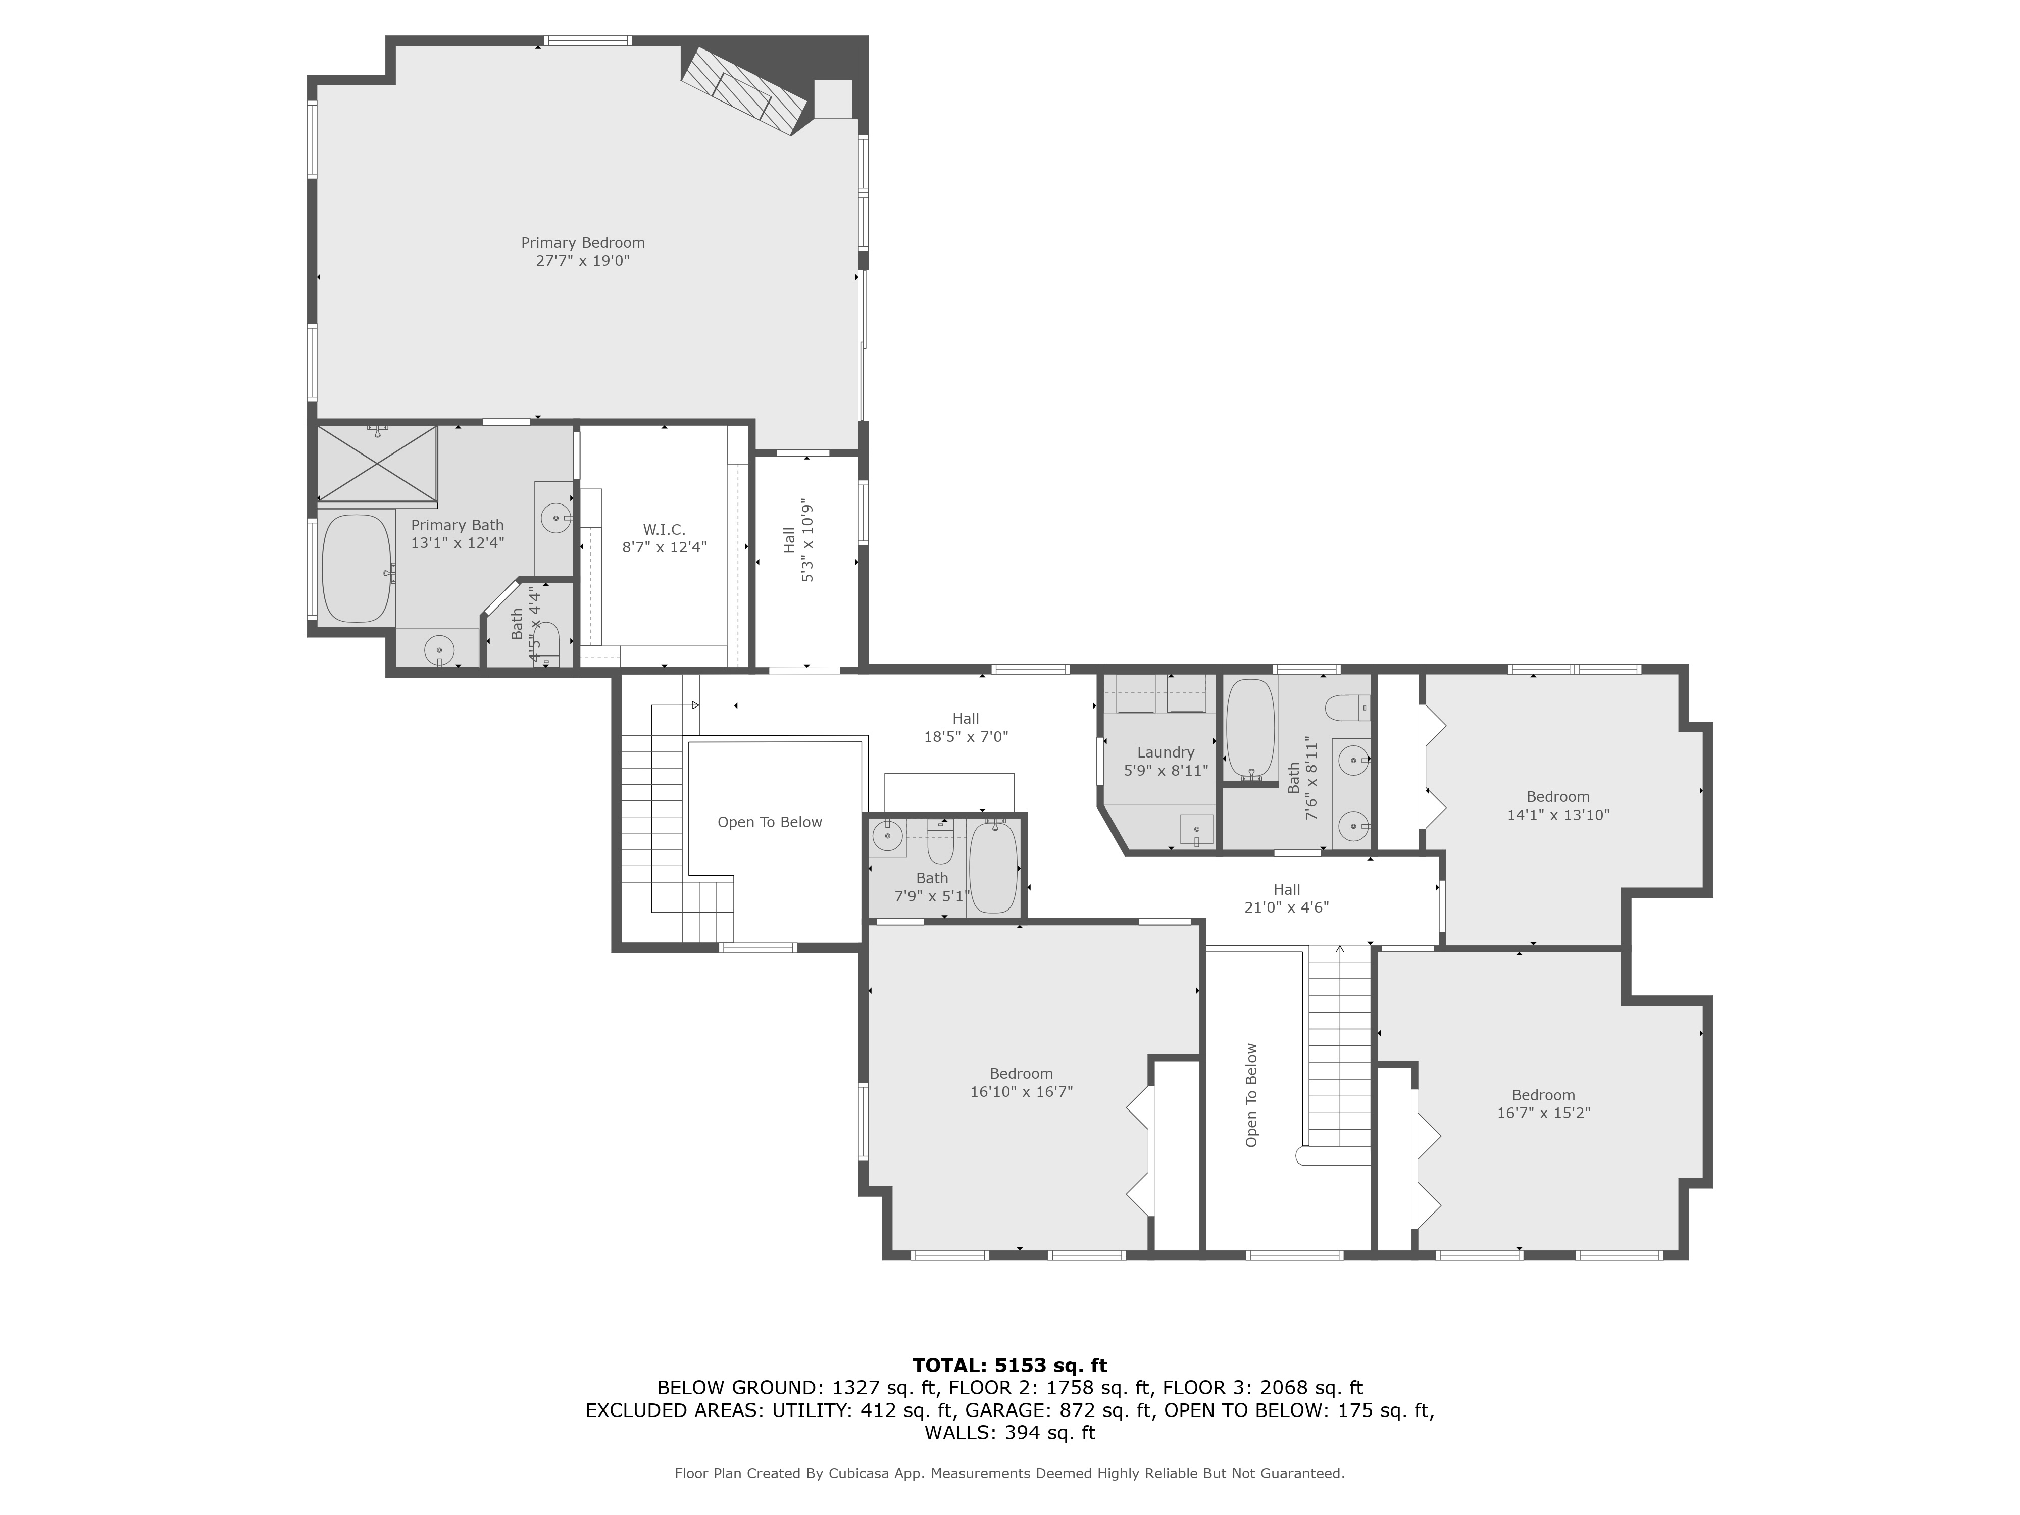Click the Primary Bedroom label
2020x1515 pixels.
583,243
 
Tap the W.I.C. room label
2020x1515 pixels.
664,530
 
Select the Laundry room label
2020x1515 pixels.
1165,752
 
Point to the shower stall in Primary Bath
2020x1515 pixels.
377,464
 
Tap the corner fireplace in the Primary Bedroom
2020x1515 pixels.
744,91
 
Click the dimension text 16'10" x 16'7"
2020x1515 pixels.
1021,1091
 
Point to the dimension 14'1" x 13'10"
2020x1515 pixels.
1558,815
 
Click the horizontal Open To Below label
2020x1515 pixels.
770,822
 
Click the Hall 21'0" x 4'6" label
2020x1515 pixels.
1287,898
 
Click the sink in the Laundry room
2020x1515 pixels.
1196,829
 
